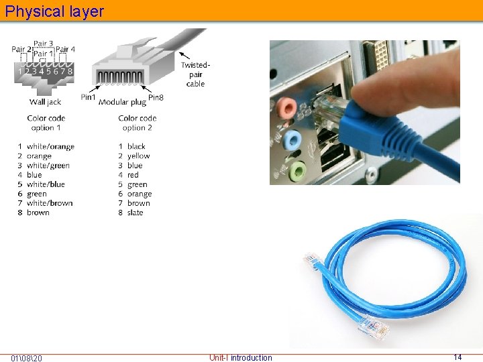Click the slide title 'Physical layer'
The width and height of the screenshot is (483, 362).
click(54, 11)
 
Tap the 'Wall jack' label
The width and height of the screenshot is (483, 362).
click(45, 102)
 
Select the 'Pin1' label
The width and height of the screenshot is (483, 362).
click(88, 97)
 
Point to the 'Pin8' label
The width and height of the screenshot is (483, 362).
click(156, 97)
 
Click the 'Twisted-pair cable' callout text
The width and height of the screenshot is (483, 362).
click(195, 74)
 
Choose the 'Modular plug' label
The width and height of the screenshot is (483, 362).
click(122, 102)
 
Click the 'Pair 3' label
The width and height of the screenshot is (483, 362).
click(44, 44)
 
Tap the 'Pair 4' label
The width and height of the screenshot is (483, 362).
click(66, 50)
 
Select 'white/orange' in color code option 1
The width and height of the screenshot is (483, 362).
click(50, 147)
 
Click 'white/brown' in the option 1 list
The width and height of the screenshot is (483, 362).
click(50, 203)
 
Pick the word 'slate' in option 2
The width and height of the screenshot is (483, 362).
click(135, 213)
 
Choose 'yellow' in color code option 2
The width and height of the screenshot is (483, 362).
click(138, 156)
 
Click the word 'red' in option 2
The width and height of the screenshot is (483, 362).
click(133, 175)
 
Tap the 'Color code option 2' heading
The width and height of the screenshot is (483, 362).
click(138, 123)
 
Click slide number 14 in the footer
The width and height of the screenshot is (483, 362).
click(458, 357)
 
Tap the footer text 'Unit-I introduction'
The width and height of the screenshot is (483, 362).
click(241, 358)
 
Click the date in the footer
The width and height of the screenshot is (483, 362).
click(27, 358)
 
